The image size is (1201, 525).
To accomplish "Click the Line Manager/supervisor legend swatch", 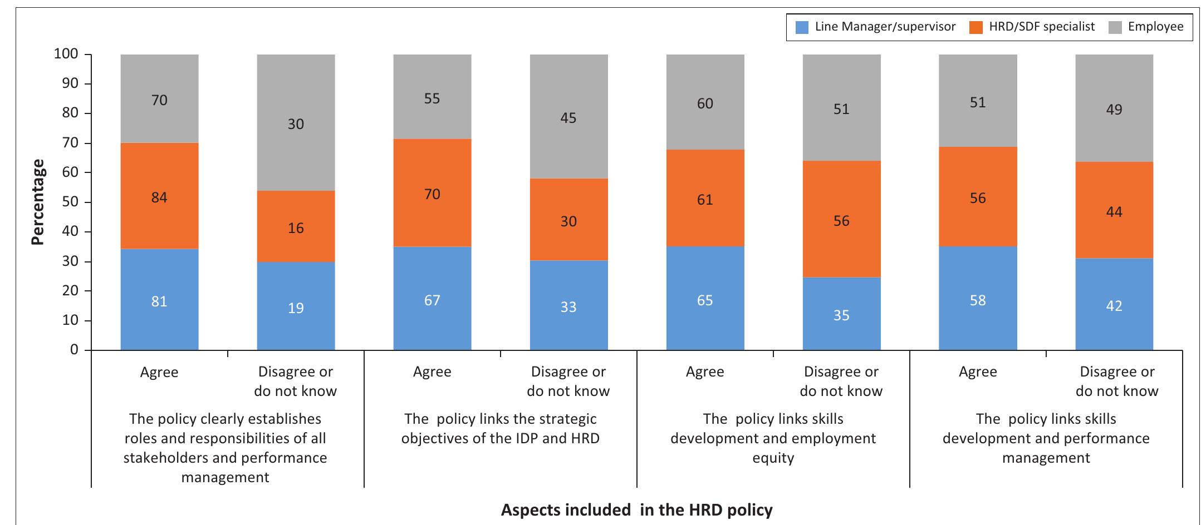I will coord(802,27).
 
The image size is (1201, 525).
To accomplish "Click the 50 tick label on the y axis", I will coord(70,202).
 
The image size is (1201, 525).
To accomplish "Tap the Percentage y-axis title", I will coord(37,202).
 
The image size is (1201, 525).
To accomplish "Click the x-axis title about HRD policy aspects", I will coord(636,509).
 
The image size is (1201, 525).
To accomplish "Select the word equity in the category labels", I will coord(773,458).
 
